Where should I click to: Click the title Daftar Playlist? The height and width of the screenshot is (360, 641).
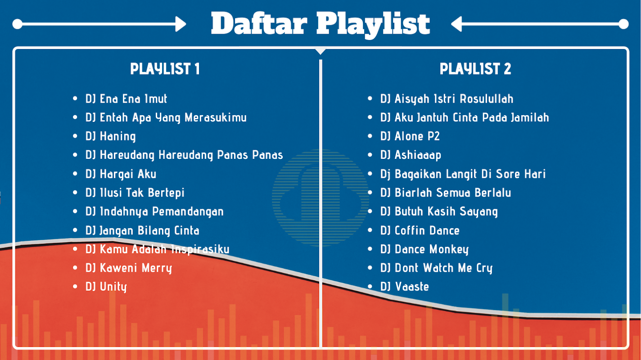pos(320,24)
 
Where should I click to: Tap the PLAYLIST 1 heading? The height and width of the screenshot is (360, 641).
pos(165,69)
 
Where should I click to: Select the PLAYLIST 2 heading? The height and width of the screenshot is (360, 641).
pos(475,69)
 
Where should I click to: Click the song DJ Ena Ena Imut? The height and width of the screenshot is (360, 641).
pos(126,99)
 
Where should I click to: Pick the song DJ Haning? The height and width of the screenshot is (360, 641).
pos(110,136)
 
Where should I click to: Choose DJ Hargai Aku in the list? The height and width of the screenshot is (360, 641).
pos(121,174)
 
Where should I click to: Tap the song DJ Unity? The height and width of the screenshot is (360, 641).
pos(106,287)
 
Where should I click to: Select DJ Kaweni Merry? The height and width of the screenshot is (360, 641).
pos(128,268)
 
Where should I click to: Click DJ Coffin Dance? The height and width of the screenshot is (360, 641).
pos(420,230)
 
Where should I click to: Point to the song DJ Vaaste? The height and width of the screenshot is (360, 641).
pos(404,287)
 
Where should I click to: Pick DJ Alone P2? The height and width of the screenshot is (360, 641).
pos(410,136)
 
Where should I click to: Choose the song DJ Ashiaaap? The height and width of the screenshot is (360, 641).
pos(411,155)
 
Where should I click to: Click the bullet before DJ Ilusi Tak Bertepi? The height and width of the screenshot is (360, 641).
pos(75,192)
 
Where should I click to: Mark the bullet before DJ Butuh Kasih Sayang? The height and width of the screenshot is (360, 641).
pos(370,211)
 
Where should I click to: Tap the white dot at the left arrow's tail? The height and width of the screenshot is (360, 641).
pos(18,24)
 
